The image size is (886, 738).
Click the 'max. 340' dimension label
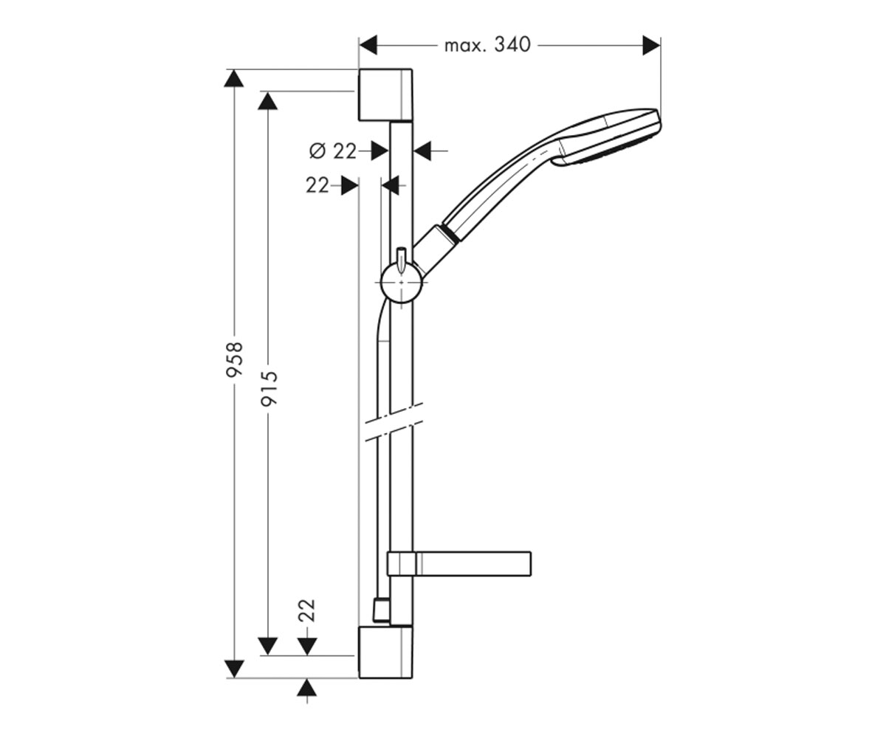click(487, 45)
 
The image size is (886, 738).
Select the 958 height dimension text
click(234, 359)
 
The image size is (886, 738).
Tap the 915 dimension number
click(269, 389)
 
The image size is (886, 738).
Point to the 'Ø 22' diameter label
click(333, 151)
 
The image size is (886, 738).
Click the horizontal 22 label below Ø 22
click(317, 186)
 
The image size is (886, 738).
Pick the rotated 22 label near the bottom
click(307, 610)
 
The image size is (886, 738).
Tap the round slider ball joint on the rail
click(401, 282)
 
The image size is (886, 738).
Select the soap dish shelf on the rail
click(459, 564)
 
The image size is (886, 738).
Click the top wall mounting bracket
click(385, 94)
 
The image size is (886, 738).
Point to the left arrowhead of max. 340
click(368, 45)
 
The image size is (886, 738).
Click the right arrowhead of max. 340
click(651, 45)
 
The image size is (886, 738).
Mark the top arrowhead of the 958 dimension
click(234, 78)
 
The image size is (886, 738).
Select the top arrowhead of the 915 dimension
click(268, 101)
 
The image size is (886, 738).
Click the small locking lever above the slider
click(401, 260)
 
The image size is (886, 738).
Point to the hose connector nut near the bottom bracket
click(381, 611)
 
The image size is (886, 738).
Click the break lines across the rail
click(394, 422)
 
